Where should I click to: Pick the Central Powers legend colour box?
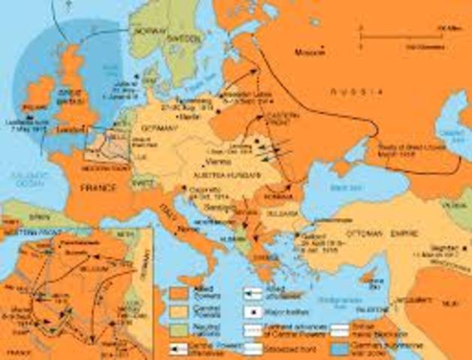coord(178,310)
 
